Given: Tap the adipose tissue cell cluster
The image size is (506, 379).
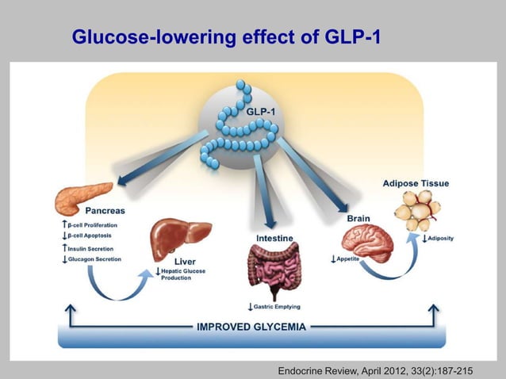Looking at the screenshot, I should coord(416,212).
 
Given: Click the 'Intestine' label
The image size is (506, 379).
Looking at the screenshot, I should coord(276,238).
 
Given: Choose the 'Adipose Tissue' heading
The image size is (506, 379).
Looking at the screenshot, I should coord(416,183).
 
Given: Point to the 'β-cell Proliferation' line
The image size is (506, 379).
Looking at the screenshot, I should coord(90,225).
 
